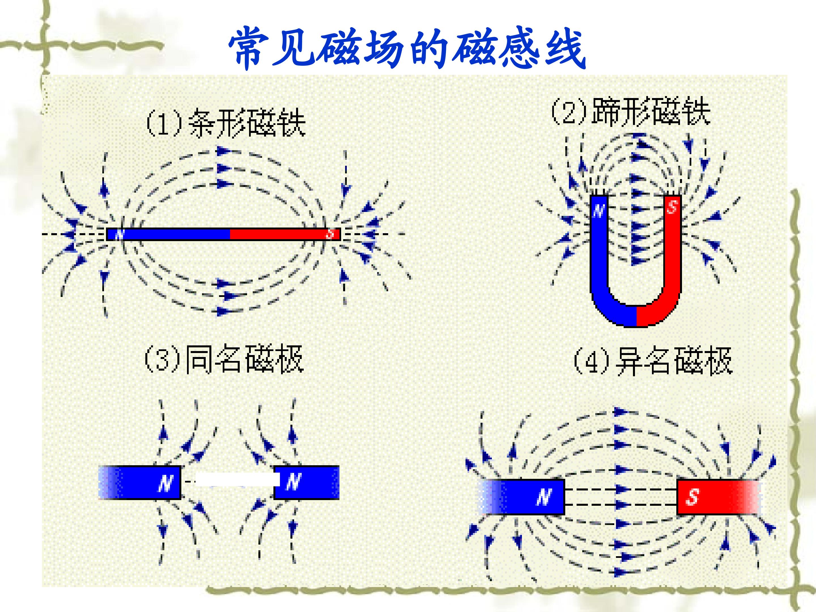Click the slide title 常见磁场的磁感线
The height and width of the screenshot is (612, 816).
pos(407,48)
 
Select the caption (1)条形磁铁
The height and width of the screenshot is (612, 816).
pos(226,123)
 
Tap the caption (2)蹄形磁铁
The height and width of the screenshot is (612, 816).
pos(630,111)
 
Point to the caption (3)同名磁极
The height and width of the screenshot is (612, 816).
pos(224,359)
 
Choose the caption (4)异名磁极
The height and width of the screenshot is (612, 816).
pos(652,361)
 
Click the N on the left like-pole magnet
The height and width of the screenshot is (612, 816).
pos(166,483)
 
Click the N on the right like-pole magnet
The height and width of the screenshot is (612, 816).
pos(293,482)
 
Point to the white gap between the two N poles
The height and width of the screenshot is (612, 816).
pos(236,479)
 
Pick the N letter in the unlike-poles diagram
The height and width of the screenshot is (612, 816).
pos(544,497)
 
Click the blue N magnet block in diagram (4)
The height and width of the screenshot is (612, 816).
pos(524,497)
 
